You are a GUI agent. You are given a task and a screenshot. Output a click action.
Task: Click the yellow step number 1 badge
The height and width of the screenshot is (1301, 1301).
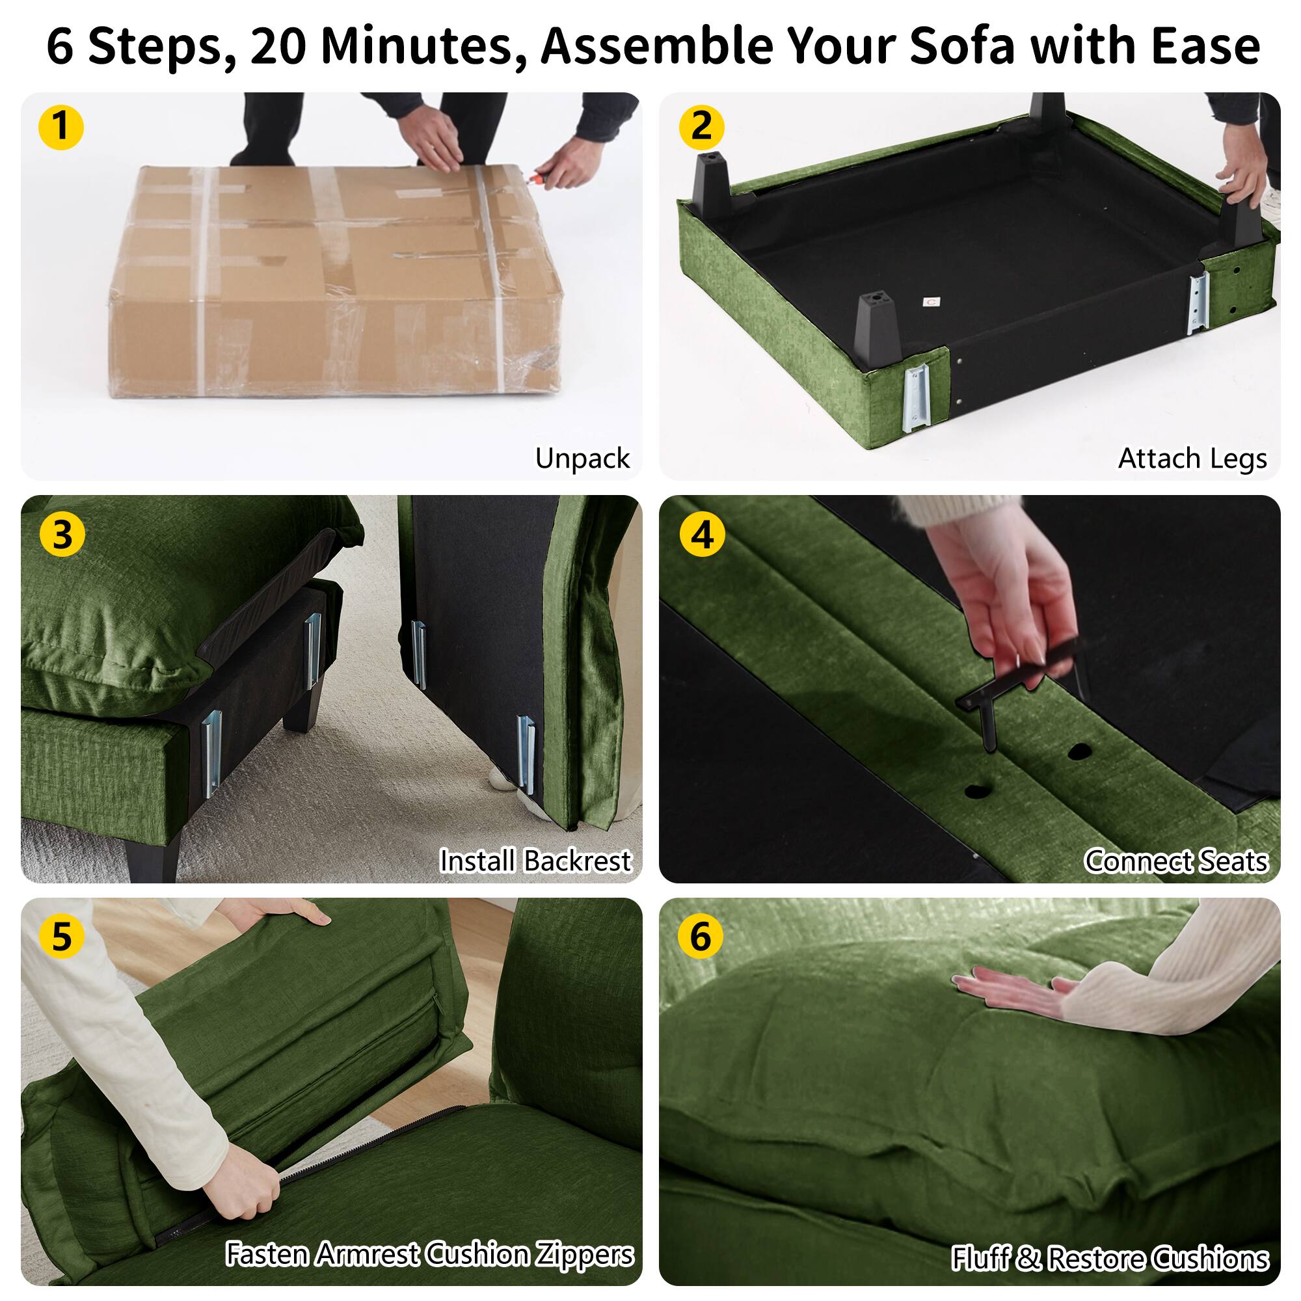tap(61, 127)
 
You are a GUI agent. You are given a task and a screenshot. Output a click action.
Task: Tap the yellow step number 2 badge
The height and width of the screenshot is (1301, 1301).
tap(701, 127)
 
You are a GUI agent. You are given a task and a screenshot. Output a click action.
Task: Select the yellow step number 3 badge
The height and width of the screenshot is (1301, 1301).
tap(62, 535)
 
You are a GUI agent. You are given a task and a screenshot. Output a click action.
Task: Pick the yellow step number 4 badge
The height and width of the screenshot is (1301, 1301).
tap(703, 535)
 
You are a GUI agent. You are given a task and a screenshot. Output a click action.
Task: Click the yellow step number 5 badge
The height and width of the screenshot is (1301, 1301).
tap(61, 937)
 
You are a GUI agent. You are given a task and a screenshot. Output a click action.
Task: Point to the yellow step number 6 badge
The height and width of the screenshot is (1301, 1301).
tap(701, 937)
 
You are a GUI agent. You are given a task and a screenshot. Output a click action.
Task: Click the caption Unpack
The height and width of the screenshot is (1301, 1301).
tap(582, 459)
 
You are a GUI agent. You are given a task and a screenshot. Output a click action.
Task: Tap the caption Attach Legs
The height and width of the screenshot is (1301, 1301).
tap(1192, 459)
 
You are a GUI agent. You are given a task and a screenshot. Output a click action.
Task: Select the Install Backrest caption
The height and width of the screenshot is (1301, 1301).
tap(535, 861)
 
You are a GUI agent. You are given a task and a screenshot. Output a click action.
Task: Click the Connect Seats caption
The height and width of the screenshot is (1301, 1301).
tap(1175, 861)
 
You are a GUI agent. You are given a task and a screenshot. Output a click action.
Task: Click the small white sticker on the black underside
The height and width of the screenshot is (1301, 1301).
tap(932, 302)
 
